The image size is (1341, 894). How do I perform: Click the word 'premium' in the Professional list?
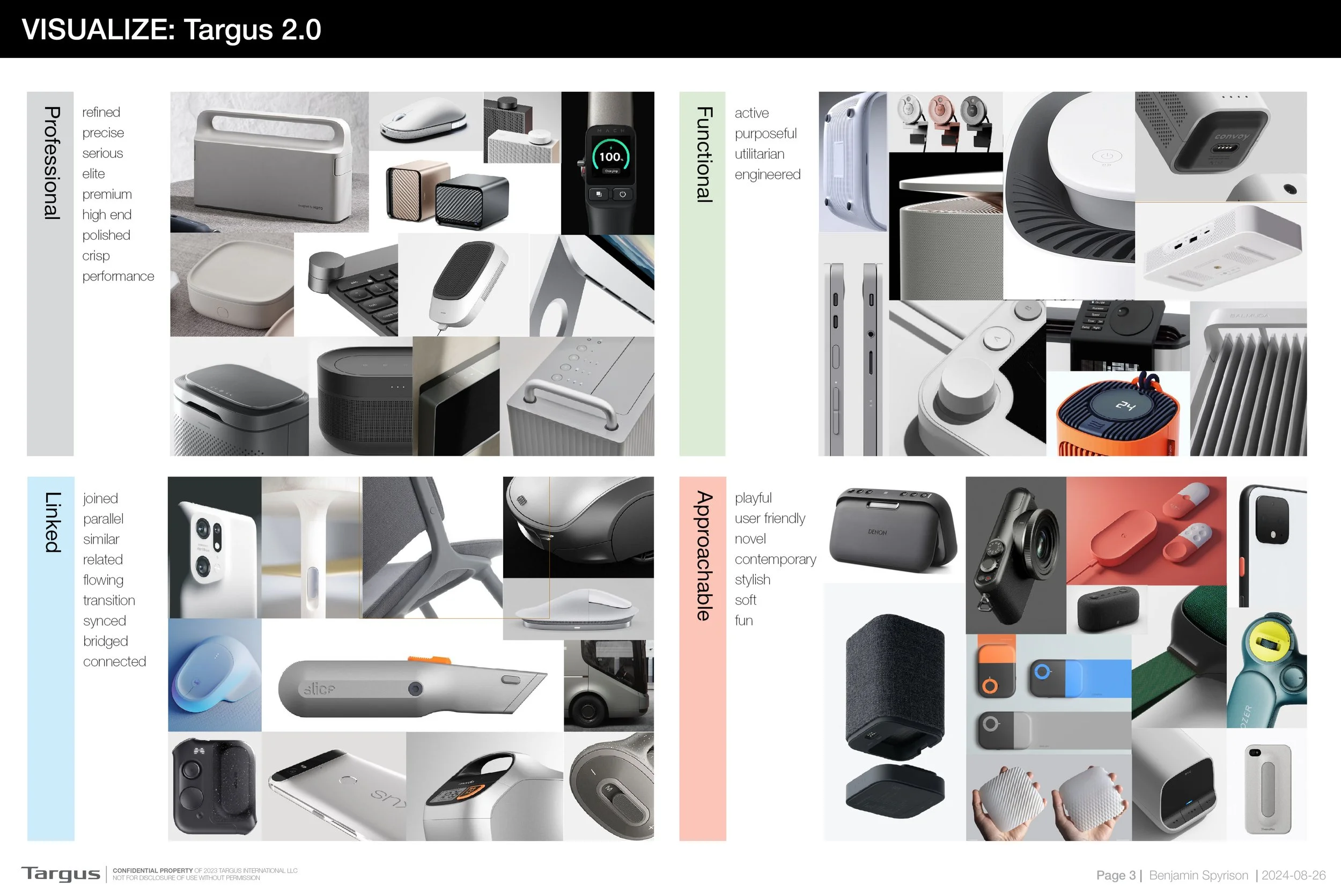(x=107, y=195)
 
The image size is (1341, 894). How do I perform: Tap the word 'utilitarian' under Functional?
(x=759, y=154)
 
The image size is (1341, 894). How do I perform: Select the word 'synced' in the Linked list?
(x=105, y=621)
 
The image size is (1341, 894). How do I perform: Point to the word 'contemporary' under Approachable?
(x=775, y=559)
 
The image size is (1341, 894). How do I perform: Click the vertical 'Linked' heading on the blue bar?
(x=53, y=522)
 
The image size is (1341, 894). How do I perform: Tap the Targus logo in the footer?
(x=61, y=874)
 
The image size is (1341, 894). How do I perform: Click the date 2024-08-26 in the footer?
(x=1293, y=875)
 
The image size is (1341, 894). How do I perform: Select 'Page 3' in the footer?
(x=1116, y=875)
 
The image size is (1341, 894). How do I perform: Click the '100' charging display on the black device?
(x=610, y=157)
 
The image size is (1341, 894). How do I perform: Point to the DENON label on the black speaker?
(x=877, y=532)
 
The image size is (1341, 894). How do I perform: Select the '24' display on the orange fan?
(x=1125, y=405)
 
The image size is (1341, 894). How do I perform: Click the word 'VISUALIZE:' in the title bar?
(x=98, y=29)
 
